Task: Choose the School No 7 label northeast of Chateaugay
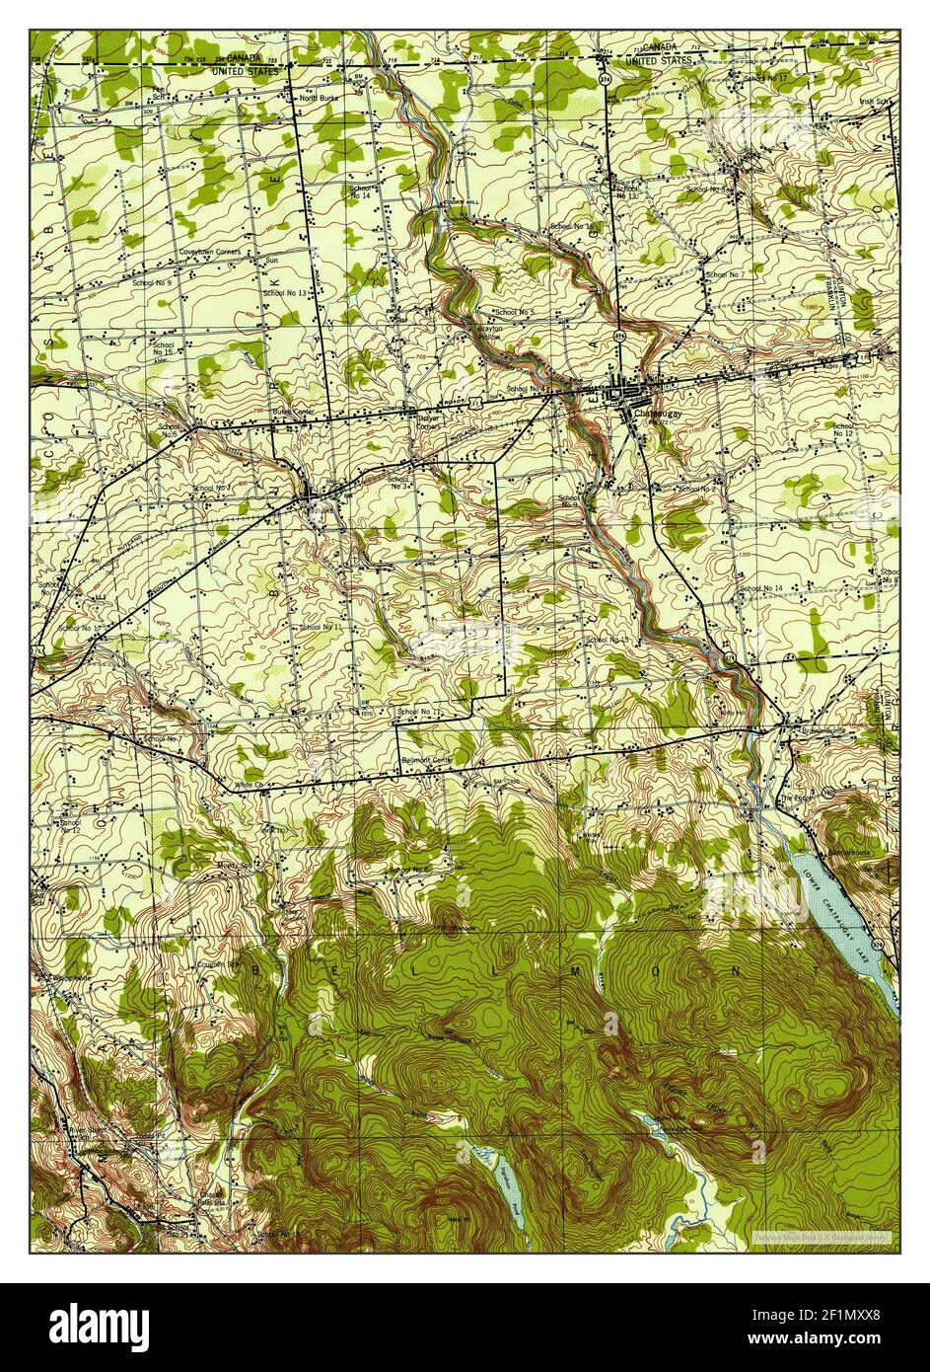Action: point(724,272)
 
